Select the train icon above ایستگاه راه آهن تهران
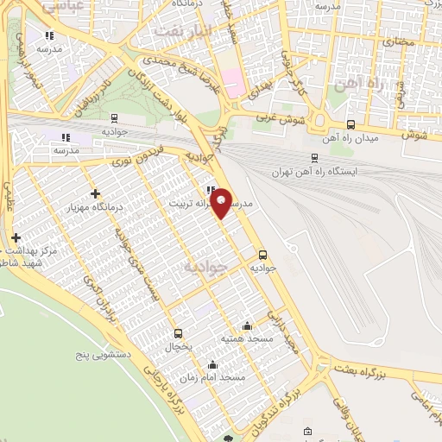[x=314, y=158]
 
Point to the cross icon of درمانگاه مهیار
[x=95, y=194]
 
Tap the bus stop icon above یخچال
[x=179, y=333]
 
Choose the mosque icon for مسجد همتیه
[x=248, y=325]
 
